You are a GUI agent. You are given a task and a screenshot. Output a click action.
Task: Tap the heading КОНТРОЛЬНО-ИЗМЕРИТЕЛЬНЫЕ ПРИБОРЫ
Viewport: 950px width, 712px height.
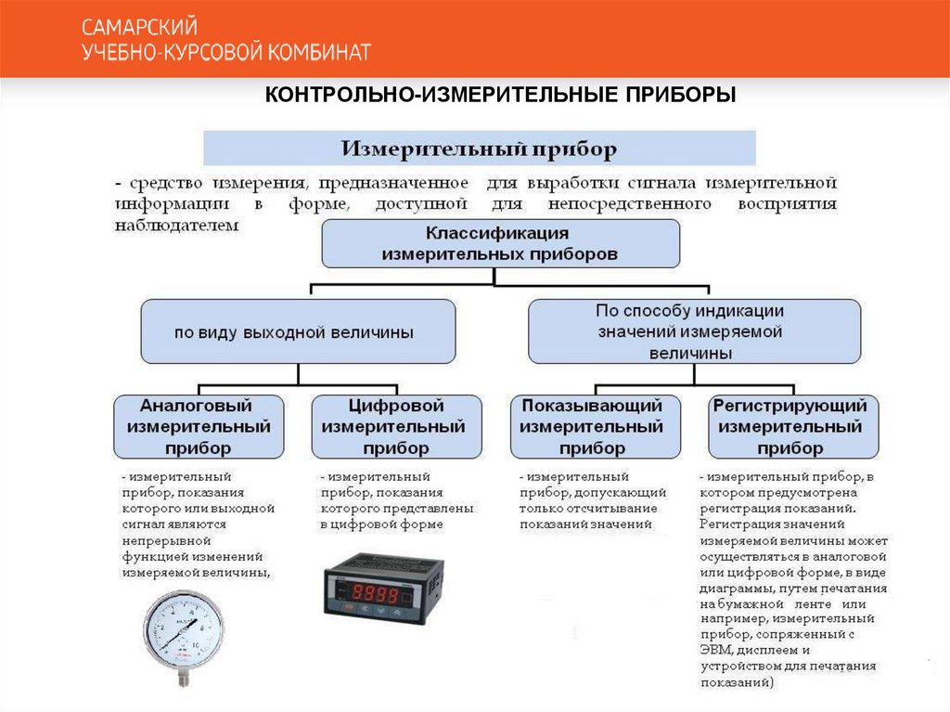(500, 96)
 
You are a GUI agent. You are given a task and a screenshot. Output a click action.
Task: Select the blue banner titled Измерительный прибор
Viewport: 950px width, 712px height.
(479, 149)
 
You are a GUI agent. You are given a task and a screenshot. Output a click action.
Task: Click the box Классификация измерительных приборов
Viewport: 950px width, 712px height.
(500, 243)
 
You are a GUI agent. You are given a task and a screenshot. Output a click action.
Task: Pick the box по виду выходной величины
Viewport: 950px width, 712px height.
(298, 330)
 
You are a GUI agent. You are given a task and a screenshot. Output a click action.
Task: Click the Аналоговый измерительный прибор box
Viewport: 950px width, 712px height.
(199, 427)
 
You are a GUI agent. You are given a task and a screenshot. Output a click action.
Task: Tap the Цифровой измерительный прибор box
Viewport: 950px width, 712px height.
(396, 427)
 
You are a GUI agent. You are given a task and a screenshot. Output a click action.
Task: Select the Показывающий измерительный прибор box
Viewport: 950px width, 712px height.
(592, 427)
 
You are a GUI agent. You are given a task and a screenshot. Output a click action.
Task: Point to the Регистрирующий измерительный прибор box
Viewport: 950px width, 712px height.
(792, 427)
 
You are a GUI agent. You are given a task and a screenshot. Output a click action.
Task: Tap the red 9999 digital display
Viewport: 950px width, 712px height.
(377, 591)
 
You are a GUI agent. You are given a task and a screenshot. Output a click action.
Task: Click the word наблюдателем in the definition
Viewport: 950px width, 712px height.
(177, 225)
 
